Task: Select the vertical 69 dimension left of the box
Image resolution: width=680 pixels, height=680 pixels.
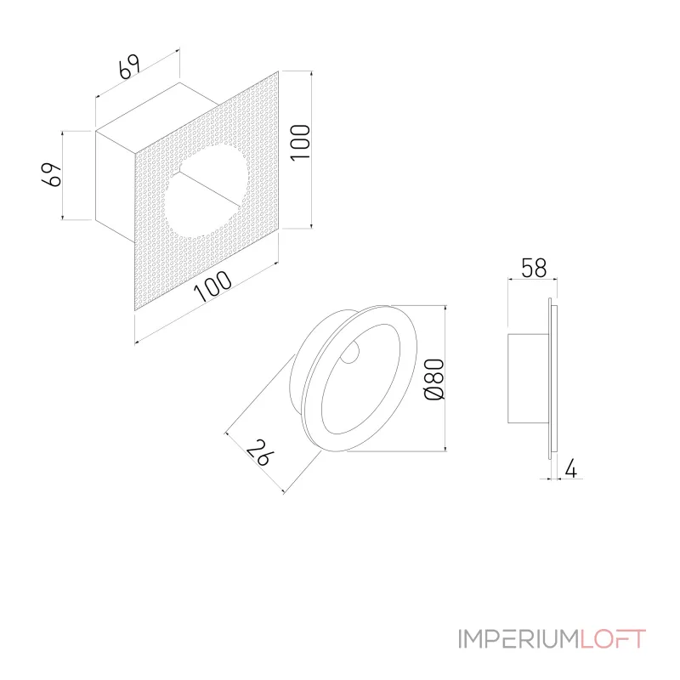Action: coord(53,175)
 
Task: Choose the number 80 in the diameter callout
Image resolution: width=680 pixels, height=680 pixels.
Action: coord(433,371)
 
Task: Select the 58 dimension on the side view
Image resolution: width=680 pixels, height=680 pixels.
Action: coord(532,268)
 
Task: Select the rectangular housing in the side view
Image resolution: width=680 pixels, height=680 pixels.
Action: coord(527,379)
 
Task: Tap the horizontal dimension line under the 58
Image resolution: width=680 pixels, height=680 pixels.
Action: coord(529,280)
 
